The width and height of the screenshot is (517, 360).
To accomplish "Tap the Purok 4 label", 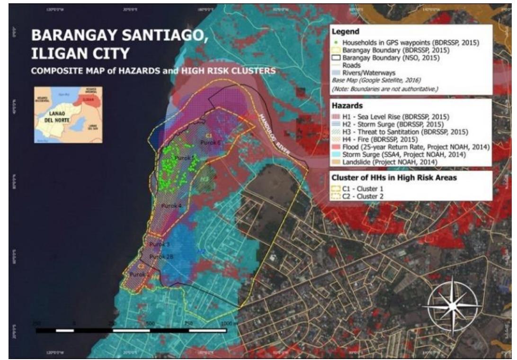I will tap(171, 206).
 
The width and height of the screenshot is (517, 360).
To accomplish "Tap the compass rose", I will tap(452, 306).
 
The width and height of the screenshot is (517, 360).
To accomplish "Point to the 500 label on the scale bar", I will tap(150, 323).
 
